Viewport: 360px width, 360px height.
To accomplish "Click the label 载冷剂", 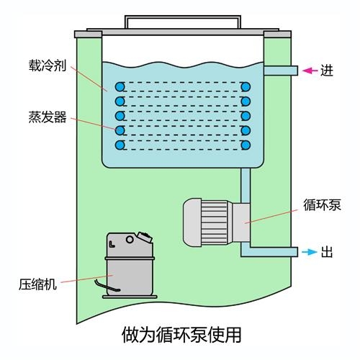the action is coord(48,66).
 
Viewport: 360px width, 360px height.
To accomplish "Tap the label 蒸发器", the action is coord(48,117).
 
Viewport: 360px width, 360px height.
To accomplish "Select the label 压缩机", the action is coord(37,284).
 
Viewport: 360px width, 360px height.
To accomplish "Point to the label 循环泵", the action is coord(322,205).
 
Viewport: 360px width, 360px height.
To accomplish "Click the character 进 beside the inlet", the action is coord(327,71).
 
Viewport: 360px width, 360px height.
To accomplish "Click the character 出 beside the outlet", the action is coord(327,252).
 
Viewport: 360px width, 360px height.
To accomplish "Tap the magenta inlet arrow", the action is coord(310,71).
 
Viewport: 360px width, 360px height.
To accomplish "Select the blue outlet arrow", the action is coord(310,252).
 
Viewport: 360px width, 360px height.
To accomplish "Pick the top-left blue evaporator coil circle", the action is coord(120,86).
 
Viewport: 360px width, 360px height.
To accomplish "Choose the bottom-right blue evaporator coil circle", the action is coord(246,145).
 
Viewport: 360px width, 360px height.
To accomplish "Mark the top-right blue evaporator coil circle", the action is coord(246,86).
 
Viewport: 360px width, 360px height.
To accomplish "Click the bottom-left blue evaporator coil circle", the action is coord(120,145).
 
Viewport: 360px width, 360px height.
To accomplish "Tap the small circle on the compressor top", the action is coord(130,239).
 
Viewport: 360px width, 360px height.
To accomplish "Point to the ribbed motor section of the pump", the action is coord(215,222).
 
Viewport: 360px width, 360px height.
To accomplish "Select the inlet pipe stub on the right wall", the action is coord(281,71).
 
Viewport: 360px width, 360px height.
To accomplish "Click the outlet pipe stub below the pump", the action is coord(274,252).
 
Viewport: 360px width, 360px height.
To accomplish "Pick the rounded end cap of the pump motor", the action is coord(192,222).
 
